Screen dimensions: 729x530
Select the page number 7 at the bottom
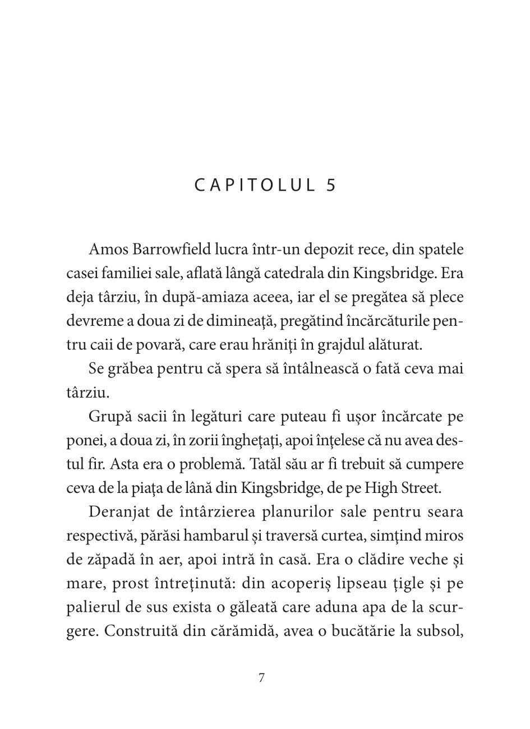(x=262, y=677)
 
